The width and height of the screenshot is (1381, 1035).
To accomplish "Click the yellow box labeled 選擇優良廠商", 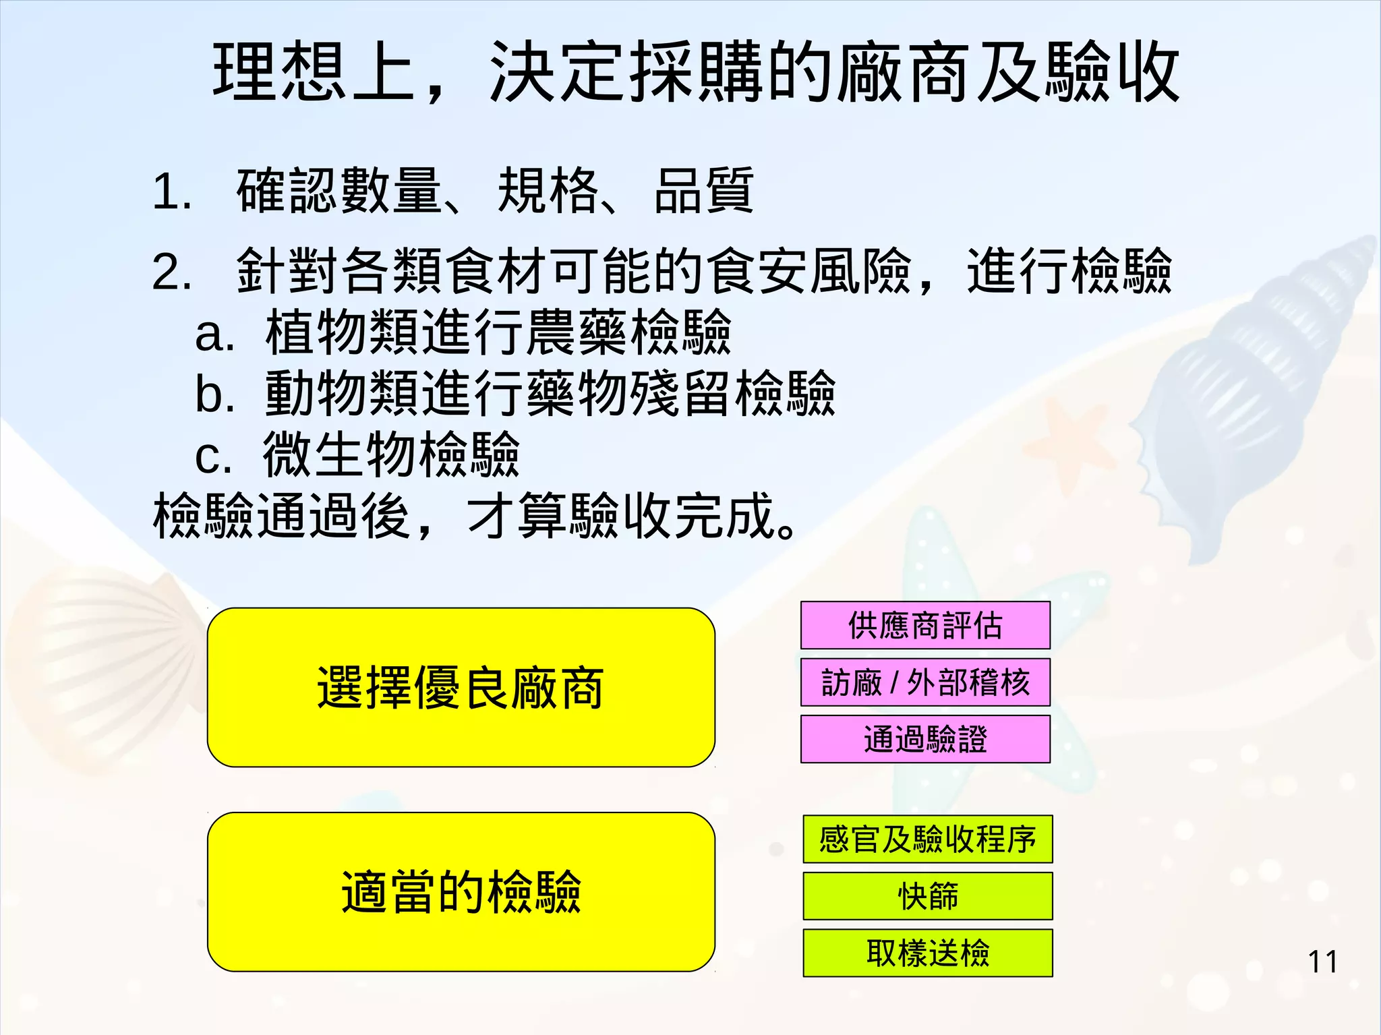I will coord(461,687).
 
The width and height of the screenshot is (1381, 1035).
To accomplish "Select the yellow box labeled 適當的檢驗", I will coord(461,891).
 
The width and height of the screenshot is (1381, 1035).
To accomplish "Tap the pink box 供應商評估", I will coord(925,625).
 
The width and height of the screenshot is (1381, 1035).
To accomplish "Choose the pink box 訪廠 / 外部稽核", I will coord(925,682).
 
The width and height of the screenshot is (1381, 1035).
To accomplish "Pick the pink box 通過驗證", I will coord(925,739).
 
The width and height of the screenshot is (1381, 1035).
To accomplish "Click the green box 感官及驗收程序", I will coord(927,839).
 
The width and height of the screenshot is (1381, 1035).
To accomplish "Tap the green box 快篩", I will coord(927,896).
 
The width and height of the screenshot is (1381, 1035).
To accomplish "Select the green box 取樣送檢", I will coord(927,953).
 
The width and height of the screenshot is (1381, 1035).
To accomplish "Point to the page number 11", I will coord(1322,962).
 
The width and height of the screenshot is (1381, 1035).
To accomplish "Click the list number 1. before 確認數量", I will coord(172,192).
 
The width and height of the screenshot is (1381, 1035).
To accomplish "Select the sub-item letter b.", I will coord(214,394).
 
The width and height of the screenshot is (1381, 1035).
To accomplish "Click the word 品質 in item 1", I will coord(703,191).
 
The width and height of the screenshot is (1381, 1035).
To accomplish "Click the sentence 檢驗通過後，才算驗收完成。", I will coord(475,516).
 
